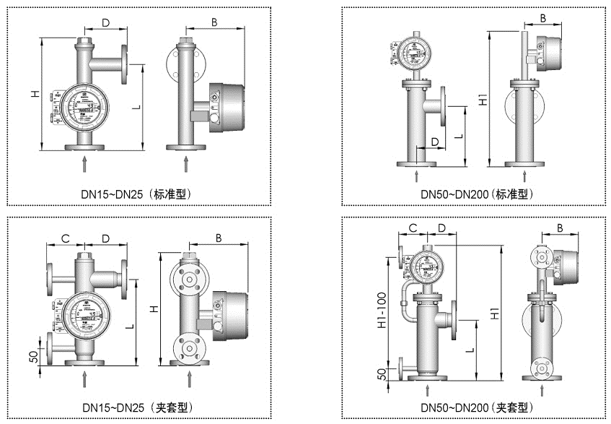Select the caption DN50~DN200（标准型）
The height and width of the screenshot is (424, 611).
coord(476,194)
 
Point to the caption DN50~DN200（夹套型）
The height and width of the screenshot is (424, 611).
coord(476,407)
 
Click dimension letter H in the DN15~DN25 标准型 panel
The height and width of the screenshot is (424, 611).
coord(34,94)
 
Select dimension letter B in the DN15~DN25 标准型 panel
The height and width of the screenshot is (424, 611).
coord(214,22)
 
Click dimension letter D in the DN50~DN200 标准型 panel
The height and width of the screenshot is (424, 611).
coord(434,141)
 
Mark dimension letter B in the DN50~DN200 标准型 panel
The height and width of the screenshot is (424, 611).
coord(543,17)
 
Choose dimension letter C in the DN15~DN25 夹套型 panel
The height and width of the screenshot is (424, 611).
coord(64,238)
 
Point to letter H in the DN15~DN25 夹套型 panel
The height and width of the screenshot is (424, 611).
coord(152,308)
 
